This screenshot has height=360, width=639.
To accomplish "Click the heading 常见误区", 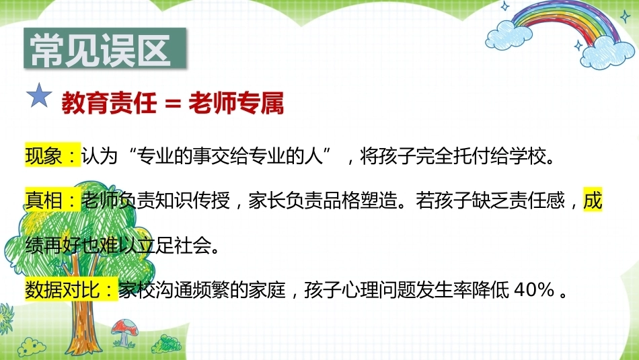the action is tap(100, 50).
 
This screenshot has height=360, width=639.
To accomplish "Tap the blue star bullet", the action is tap(39, 96).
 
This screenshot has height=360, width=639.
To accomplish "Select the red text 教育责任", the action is tap(109, 102).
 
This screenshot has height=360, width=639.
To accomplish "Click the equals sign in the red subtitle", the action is tap(173, 104).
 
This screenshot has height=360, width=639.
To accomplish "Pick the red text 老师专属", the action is tap(236, 102).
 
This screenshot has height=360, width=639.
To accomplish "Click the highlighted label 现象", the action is tap(44, 155).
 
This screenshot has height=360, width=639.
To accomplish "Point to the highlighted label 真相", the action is tap(44, 200).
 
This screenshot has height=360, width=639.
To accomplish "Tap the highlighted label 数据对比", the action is tap(63, 290).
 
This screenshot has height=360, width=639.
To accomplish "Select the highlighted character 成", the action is tap(593, 200).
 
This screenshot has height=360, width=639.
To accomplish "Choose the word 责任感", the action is tap(537, 200).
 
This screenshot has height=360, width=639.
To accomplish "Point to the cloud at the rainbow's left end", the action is tap(508, 35).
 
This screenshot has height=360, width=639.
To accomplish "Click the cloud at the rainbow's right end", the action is tap(607, 52).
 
